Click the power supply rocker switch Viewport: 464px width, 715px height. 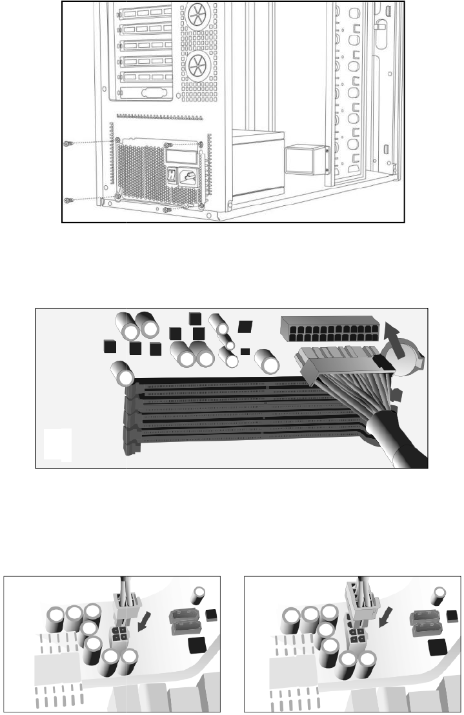(172, 175)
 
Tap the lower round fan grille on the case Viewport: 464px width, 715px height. (198, 66)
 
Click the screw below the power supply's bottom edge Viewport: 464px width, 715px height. (166, 210)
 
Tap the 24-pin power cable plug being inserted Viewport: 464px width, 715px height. (339, 365)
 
